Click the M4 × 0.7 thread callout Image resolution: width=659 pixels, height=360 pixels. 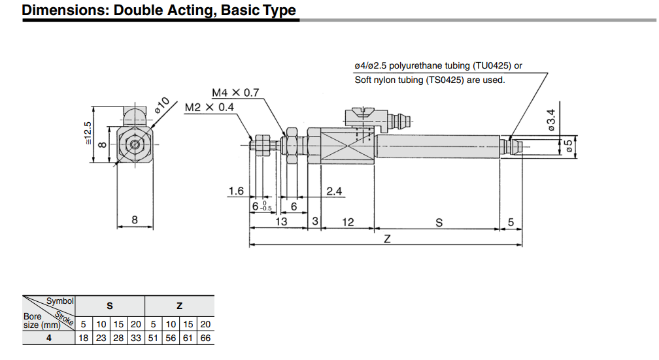236,93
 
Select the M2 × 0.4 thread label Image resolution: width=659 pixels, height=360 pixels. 209,107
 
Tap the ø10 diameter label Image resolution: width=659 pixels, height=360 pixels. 162,105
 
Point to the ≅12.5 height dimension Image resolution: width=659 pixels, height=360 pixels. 88,134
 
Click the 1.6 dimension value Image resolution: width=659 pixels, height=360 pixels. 235,191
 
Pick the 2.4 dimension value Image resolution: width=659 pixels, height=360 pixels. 335,191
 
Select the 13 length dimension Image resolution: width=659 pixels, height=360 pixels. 280,221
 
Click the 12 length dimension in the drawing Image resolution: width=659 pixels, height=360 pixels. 348,222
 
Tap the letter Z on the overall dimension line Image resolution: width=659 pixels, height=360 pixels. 386,239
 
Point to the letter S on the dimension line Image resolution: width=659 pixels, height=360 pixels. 439,222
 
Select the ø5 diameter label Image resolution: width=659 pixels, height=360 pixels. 568,147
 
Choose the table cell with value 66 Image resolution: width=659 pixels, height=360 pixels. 205,338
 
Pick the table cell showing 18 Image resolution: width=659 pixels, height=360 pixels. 83,338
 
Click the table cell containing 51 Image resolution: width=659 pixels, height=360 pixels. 153,338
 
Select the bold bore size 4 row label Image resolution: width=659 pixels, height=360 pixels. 49,338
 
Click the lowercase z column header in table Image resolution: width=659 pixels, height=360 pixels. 179,305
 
